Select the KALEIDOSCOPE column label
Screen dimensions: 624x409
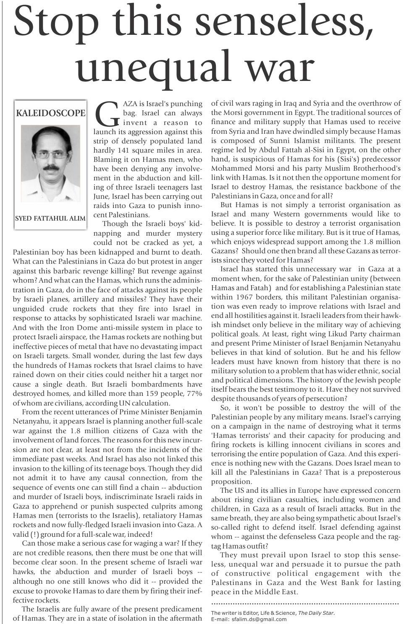(50, 113)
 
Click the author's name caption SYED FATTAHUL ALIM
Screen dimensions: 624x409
(50, 218)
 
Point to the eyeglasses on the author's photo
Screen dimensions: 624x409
(51, 155)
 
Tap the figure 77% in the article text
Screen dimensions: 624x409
(194, 393)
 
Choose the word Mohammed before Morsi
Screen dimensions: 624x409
(231, 168)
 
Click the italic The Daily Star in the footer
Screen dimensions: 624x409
(316, 613)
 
